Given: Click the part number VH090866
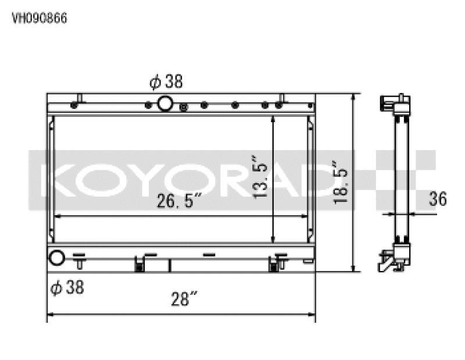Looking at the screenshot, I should click(40, 18).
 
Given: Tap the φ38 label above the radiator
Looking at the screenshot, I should click(166, 82).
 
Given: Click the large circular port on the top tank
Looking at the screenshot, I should click(165, 104).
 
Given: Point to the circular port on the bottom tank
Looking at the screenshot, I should click(56, 257).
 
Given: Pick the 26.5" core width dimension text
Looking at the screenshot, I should click(178, 201).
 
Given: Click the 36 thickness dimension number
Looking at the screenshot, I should click(438, 199).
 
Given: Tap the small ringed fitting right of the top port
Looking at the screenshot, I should click(184, 106).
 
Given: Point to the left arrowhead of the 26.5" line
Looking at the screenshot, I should click(57, 216).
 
